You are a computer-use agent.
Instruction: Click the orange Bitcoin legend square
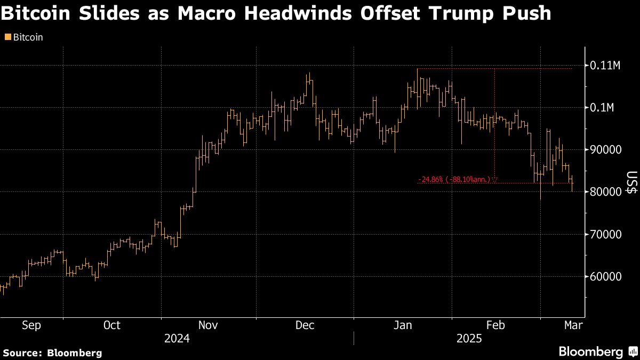7,38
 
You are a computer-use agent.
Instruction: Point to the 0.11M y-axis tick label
606,66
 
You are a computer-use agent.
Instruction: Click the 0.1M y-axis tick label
603,108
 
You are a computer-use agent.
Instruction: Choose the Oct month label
112,325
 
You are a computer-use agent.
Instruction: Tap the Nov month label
208,325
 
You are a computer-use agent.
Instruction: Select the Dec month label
305,325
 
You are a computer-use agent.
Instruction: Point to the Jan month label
402,325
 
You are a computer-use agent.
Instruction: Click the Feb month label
495,325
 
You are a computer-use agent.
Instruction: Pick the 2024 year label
177,339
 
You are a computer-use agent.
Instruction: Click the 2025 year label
470,339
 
